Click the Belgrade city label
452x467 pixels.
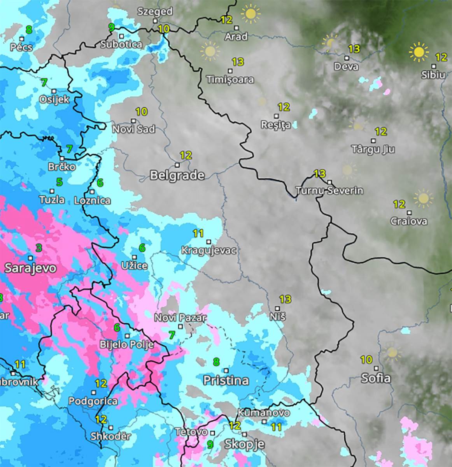pos(177,175)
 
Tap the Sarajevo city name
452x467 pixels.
pos(30,268)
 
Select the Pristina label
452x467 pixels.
pos(226,380)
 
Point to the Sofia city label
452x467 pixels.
pos(375,378)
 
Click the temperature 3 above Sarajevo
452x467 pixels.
pos(39,248)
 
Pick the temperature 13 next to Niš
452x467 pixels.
pos(285,299)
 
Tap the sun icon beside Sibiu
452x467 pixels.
pos(419,52)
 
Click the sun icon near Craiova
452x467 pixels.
pos(423,198)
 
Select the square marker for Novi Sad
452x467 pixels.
pos(133,121)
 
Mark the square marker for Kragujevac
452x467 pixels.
pos(208,242)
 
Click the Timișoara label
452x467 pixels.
pos(230,80)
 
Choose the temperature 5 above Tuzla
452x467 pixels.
pos(59,182)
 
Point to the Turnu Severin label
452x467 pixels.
pos(329,191)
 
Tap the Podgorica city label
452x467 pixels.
pos(93,401)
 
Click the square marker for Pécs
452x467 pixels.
pos(22,39)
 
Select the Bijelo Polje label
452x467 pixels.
pos(127,344)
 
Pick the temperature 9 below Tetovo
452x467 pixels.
pos(210,444)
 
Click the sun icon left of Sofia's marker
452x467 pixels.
pos(392,353)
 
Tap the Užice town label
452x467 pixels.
pos(134,266)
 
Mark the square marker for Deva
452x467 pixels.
pos(346,58)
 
